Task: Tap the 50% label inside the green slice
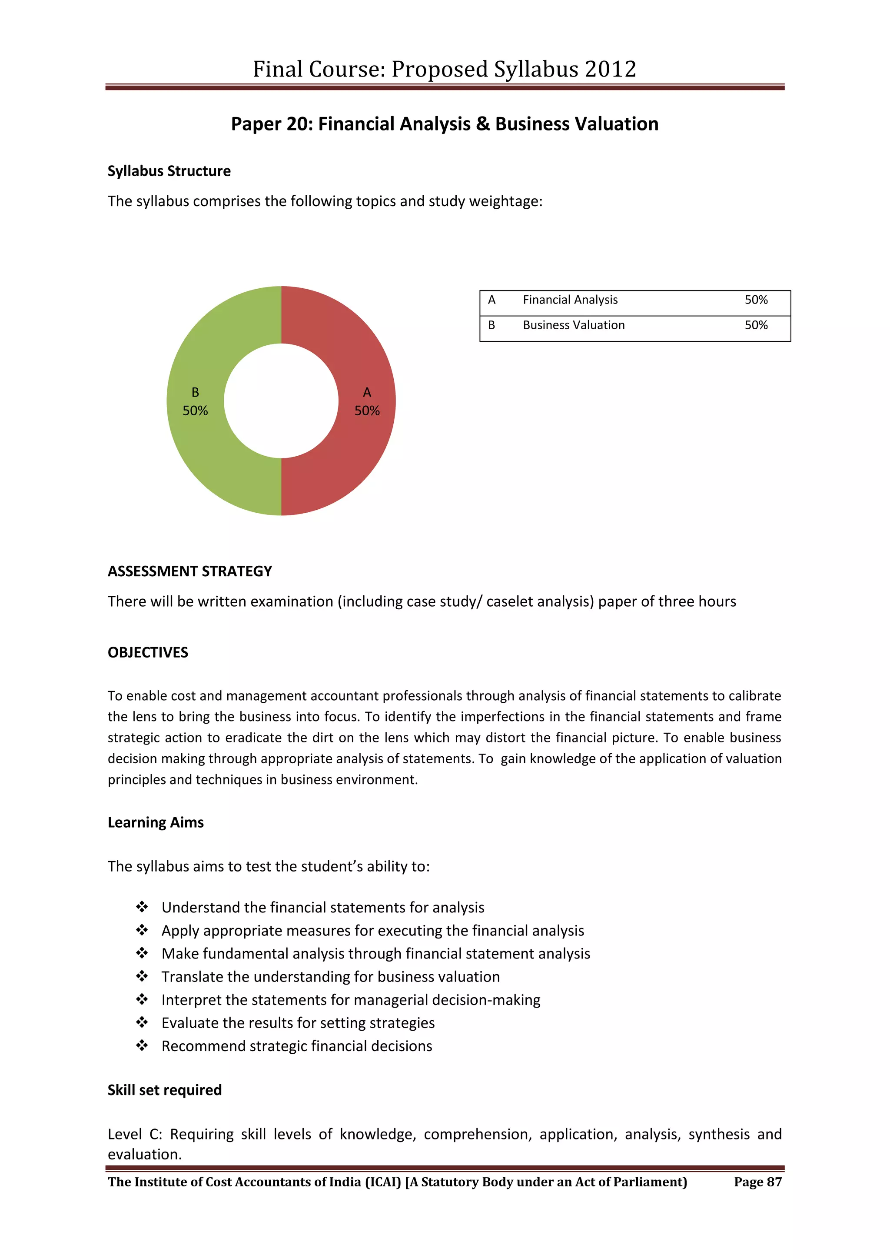point(195,411)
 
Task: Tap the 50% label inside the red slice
point(367,411)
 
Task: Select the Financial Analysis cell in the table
point(570,300)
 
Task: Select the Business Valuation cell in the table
point(573,325)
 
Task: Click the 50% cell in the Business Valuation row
point(756,325)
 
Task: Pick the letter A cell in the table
point(491,300)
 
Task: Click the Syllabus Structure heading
point(169,171)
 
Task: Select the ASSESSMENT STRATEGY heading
point(189,571)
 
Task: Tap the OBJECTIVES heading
point(147,652)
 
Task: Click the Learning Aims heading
point(156,822)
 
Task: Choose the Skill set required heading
point(164,1090)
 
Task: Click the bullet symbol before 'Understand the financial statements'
point(142,907)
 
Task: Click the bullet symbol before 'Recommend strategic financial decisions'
point(142,1046)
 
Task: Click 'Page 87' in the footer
point(757,1182)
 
